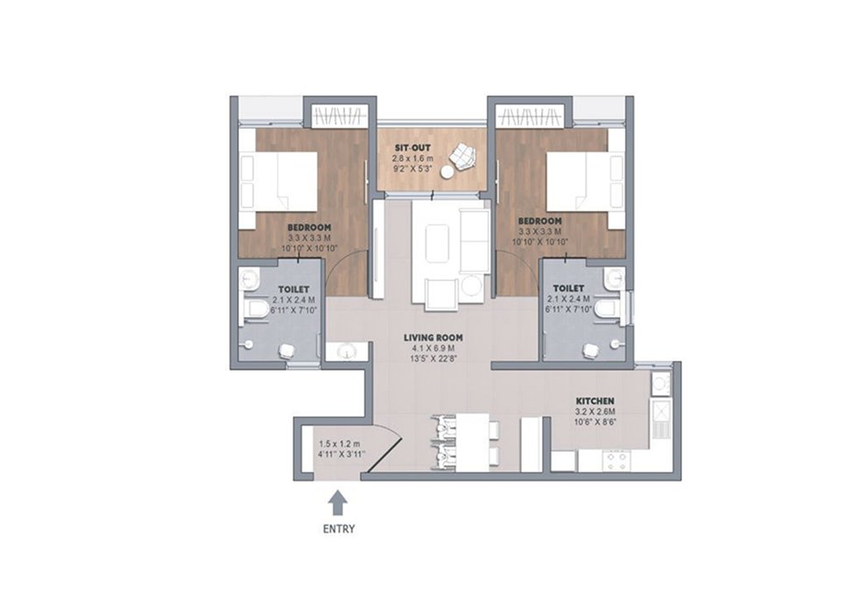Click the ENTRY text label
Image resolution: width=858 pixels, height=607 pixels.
[x=339, y=529]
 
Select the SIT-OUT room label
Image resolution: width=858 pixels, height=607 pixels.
[x=413, y=148]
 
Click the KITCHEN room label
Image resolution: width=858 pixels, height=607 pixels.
[x=594, y=401]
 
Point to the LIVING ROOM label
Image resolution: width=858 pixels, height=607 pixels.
[x=433, y=338]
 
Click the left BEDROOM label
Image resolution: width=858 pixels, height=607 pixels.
[x=310, y=227]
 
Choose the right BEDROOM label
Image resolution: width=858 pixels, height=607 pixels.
[x=539, y=221]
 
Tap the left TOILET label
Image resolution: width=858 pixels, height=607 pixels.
[x=294, y=289]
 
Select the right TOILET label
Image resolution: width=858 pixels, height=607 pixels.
[x=568, y=288]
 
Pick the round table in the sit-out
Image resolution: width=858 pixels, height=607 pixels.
[x=447, y=173]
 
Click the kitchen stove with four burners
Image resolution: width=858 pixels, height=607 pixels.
[x=615, y=461]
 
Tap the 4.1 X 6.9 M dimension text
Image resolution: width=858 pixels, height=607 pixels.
[x=433, y=348]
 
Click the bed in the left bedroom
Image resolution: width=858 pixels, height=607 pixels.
[x=278, y=181]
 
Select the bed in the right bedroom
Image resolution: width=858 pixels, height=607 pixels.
[x=586, y=181]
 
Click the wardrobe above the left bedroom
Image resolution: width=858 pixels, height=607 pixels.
[x=339, y=116]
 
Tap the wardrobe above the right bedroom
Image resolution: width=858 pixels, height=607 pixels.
[x=529, y=116]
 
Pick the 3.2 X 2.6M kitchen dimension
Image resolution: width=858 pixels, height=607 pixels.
[x=594, y=412]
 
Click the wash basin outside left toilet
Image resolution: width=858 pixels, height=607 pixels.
[x=347, y=351]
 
